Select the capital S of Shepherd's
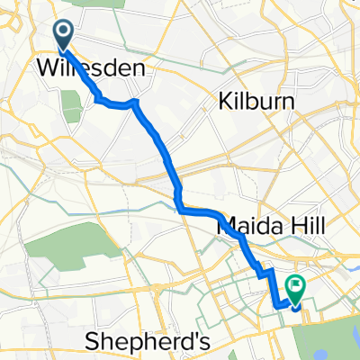(x=90, y=340)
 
